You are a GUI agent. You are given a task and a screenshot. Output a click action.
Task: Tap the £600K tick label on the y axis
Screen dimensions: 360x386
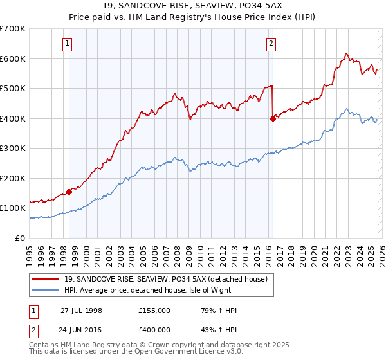(x=13, y=59)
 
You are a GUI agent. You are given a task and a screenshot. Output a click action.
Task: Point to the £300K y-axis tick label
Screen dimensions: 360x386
(x=13, y=148)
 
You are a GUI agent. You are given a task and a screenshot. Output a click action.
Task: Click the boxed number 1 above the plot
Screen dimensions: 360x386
(x=68, y=44)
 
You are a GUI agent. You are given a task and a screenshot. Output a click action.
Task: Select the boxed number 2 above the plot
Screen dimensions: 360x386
(x=271, y=44)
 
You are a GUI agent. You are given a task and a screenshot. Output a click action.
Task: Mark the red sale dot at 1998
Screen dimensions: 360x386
(x=69, y=192)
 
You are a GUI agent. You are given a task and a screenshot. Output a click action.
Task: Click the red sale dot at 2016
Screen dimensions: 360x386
(x=273, y=118)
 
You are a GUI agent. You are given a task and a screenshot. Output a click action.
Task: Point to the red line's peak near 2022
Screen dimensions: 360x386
(x=346, y=53)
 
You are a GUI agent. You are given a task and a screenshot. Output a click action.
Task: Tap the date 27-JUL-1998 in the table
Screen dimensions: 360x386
(x=81, y=310)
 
